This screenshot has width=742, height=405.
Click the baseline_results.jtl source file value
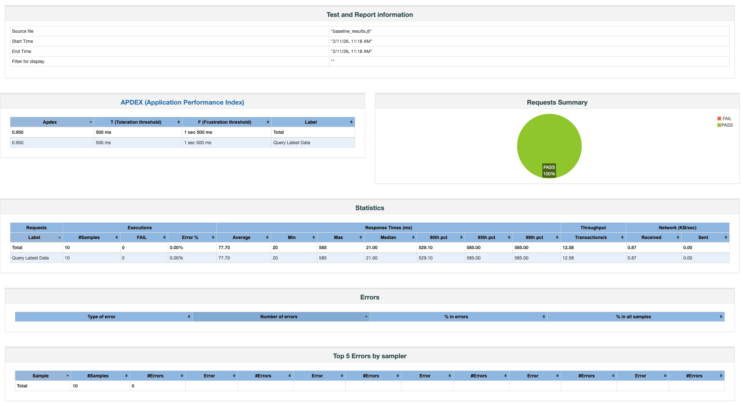[x=351, y=31]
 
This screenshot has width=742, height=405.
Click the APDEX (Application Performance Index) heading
[x=182, y=102]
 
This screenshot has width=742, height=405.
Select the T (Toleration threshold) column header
[x=136, y=122]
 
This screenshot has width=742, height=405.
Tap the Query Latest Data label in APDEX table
[x=291, y=143]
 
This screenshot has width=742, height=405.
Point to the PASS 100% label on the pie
[x=549, y=171]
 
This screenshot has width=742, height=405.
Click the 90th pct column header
[x=438, y=237]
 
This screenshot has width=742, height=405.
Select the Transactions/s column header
[x=590, y=237]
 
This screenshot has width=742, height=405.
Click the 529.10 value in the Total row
[x=425, y=247]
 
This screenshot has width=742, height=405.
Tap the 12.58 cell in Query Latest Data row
[x=568, y=258]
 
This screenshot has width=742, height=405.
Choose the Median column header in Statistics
[x=388, y=237]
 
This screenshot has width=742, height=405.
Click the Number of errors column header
[x=278, y=317]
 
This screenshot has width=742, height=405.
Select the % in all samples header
[x=633, y=317]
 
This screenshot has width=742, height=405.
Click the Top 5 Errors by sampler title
[x=369, y=356]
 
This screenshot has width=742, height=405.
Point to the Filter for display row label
[x=28, y=61]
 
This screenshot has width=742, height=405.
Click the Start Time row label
[x=22, y=41]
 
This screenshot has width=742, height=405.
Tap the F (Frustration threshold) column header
[x=224, y=122]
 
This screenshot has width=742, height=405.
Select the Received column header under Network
[x=651, y=237]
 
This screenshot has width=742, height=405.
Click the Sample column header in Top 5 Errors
[x=41, y=376]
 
